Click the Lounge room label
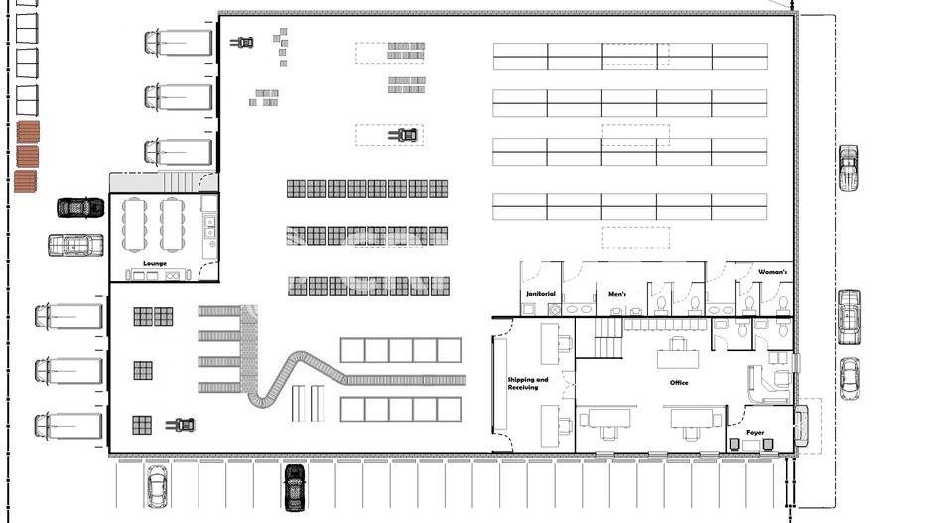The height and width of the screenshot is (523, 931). pos(155,263)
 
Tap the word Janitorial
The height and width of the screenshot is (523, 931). pos(540,294)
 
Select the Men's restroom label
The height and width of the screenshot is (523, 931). pos(617,294)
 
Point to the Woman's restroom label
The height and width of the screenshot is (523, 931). pos(773,272)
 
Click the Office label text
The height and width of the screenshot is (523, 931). pos(679,383)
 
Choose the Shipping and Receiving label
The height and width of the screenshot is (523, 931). pos(528,383)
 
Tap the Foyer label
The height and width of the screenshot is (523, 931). pos(756,432)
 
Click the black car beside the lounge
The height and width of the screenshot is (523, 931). pos(80,208)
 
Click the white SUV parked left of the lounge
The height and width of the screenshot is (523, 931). pos(75,244)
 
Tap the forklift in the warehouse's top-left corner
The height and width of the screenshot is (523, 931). pos(242,42)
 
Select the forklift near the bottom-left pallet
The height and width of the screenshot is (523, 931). pos(181,425)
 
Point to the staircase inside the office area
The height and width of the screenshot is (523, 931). pos(607,337)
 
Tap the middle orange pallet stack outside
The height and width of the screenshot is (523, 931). pos(28,157)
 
